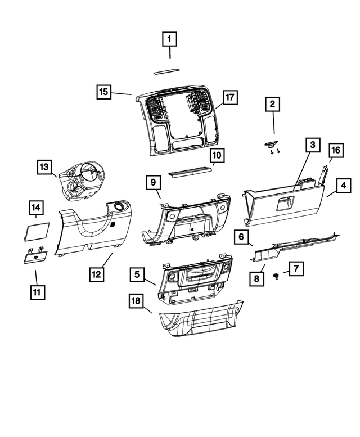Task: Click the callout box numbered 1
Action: tap(170, 39)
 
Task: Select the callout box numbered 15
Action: tap(103, 91)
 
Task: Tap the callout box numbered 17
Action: tap(229, 98)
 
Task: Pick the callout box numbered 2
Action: tap(272, 104)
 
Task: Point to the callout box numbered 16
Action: tap(335, 150)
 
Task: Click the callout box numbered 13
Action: tap(45, 167)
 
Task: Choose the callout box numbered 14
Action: tap(36, 208)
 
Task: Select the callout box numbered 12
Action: tap(97, 274)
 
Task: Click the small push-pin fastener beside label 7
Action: tap(277, 276)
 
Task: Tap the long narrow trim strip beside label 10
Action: tap(191, 168)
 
